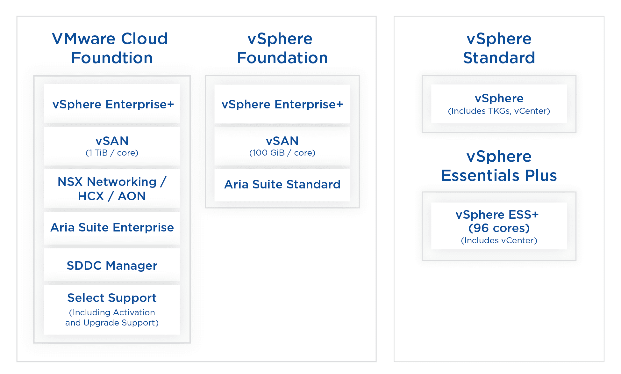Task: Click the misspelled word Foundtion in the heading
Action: [x=112, y=58]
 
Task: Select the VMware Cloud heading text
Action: [x=110, y=39]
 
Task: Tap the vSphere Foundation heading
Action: [x=282, y=48]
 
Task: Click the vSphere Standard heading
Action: [x=499, y=48]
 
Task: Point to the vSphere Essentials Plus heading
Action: [x=499, y=166]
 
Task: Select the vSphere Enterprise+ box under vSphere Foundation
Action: [x=282, y=104]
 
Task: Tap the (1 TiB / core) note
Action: [x=112, y=153]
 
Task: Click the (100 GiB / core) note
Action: [x=282, y=153]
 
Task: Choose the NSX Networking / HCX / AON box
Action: [x=112, y=189]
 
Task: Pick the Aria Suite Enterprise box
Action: [x=112, y=227]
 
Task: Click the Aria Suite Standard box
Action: [x=282, y=184]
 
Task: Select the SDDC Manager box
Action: [x=112, y=265]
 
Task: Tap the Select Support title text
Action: [x=112, y=298]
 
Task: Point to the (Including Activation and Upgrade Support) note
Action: [x=112, y=318]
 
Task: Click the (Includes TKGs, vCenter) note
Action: [x=499, y=111]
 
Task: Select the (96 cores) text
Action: [x=499, y=228]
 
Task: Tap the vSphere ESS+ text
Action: [x=497, y=215]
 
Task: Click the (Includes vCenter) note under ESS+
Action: [x=499, y=240]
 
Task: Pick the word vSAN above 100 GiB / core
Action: [x=282, y=141]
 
